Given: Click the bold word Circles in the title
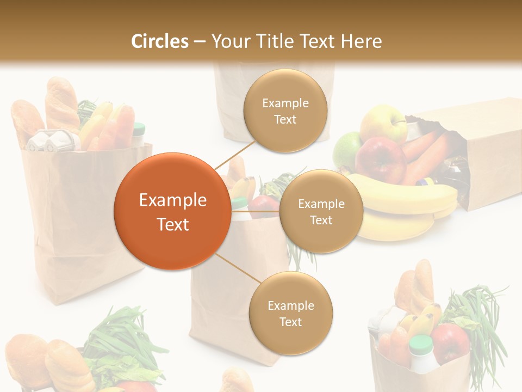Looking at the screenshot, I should [160, 41].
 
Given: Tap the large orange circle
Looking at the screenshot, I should [172, 211].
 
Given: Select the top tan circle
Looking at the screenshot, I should [285, 111].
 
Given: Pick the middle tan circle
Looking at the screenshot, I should [321, 211].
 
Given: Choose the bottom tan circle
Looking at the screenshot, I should [290, 313].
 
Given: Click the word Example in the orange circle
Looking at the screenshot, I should [172, 200].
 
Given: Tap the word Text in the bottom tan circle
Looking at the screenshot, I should [290, 322].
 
